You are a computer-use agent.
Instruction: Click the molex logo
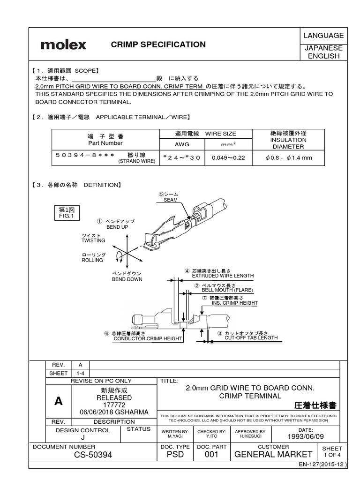(x=63, y=45)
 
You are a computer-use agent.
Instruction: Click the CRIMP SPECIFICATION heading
(x=158, y=45)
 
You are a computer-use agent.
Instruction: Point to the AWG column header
(x=182, y=144)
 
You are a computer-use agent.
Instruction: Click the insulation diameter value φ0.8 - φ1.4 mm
(x=288, y=157)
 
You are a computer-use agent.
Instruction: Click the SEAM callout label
(x=171, y=199)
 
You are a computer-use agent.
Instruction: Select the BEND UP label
(x=117, y=227)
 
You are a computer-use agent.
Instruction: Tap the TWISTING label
(x=93, y=240)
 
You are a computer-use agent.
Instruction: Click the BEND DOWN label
(x=127, y=279)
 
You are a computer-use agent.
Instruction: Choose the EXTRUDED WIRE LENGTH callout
(x=223, y=276)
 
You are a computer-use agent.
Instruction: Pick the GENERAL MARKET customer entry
(x=273, y=454)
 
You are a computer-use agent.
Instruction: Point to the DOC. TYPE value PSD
(x=175, y=454)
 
